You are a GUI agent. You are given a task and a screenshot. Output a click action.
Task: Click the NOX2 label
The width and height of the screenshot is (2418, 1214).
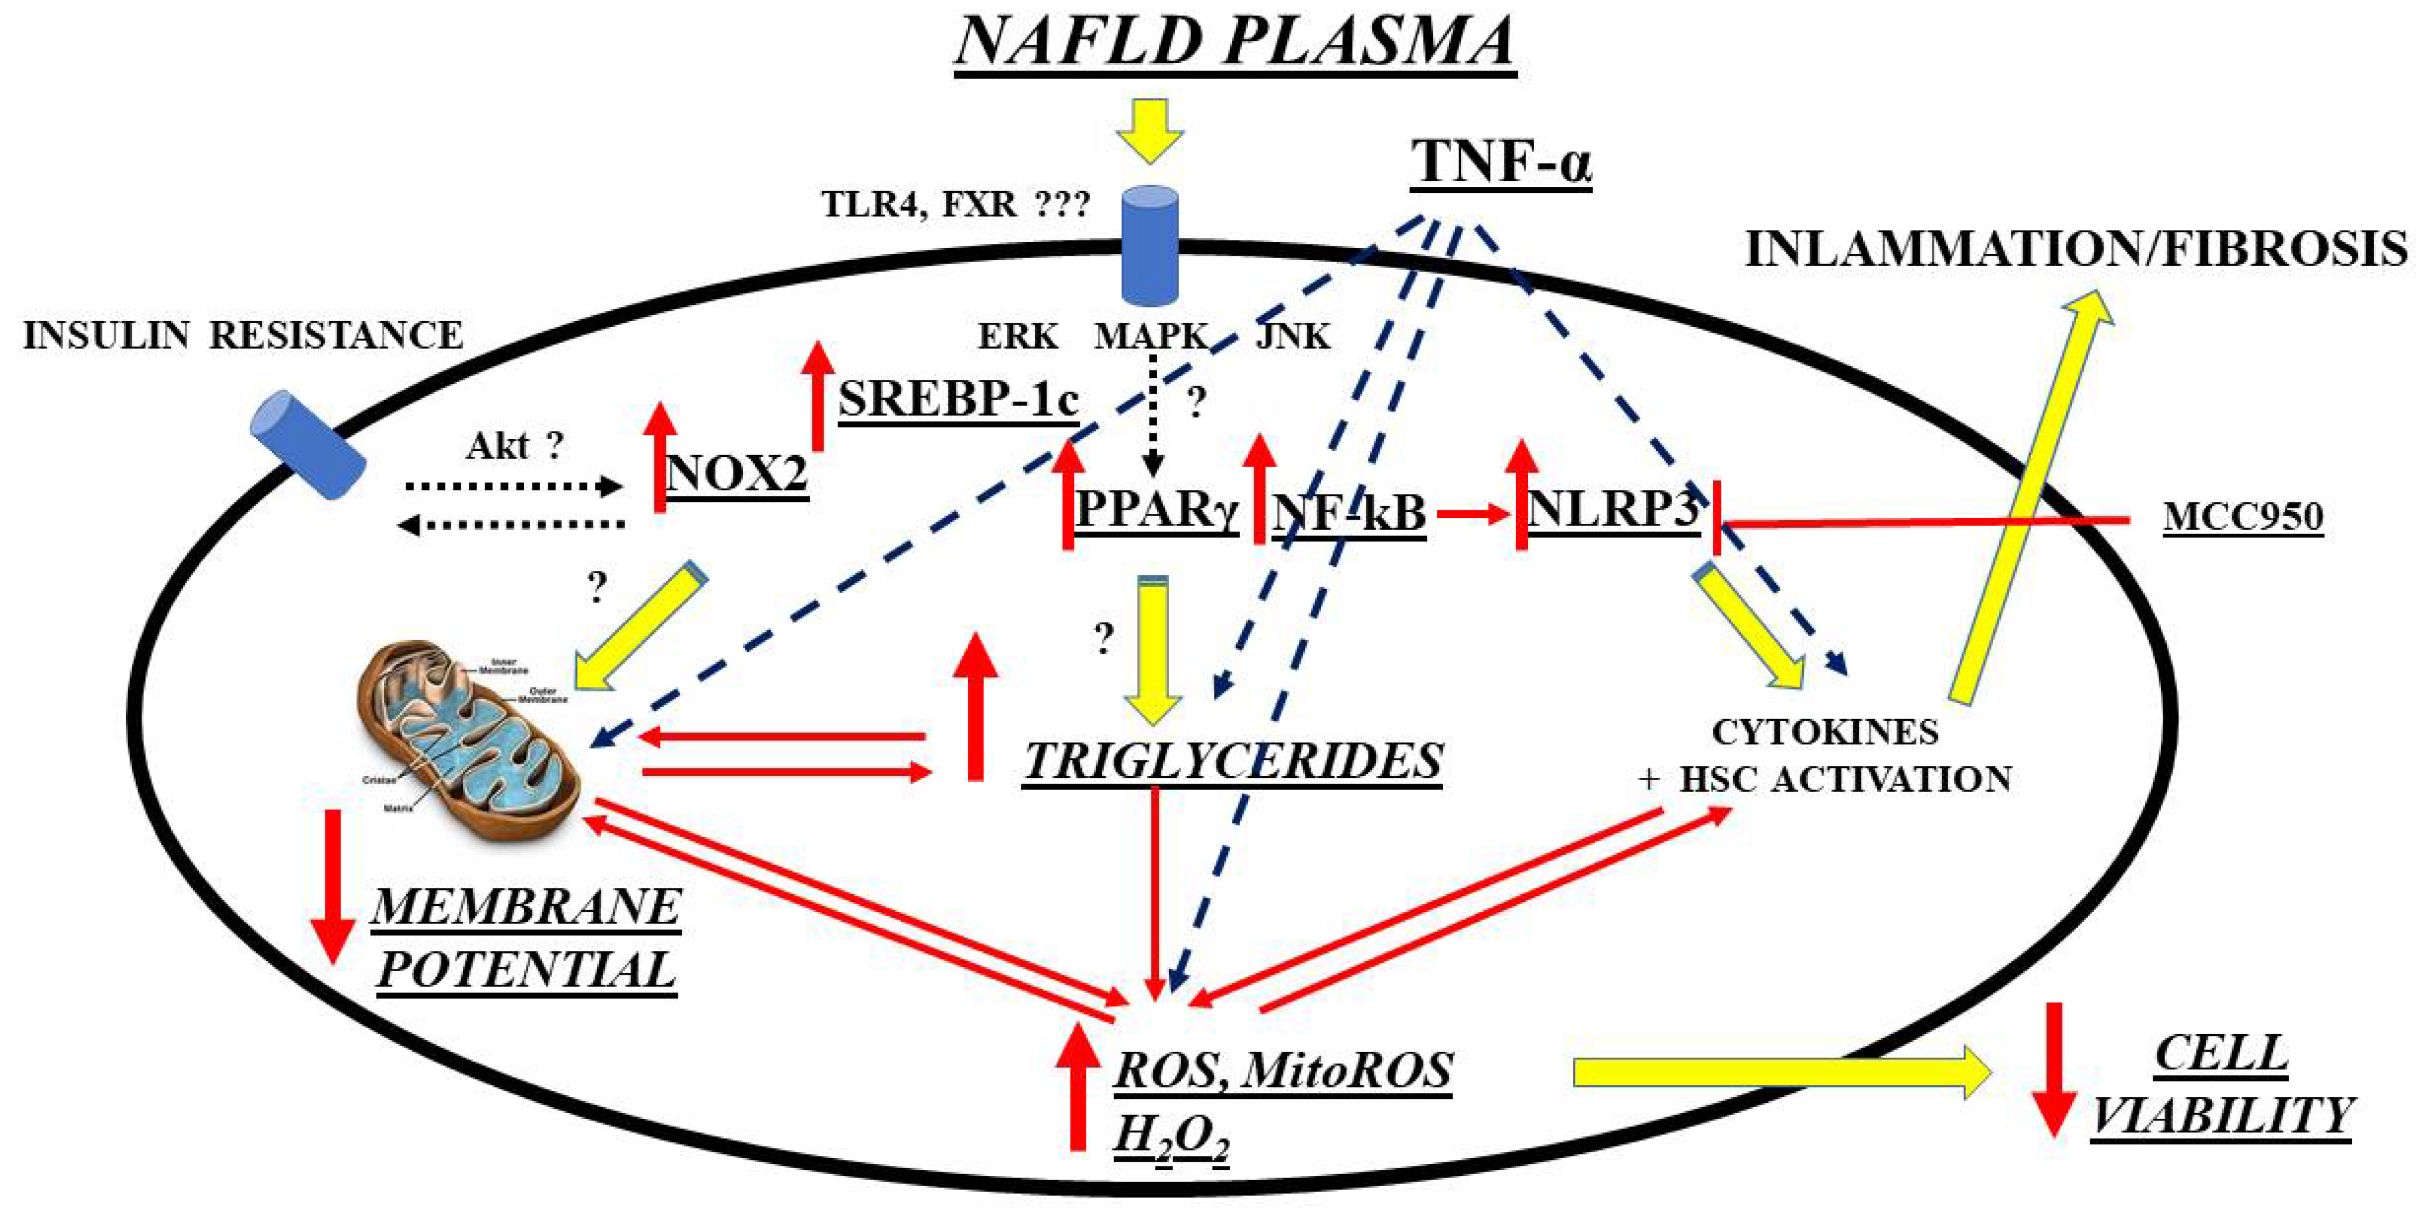(736, 472)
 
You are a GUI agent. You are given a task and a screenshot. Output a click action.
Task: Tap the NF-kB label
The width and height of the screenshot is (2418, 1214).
(1349, 513)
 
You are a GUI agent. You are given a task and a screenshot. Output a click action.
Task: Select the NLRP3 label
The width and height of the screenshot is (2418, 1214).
(1613, 510)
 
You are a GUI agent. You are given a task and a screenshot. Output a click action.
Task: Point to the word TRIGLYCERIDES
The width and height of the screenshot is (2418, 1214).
(1233, 760)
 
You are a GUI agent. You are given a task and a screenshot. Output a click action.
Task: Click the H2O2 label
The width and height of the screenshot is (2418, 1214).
(1171, 1137)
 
